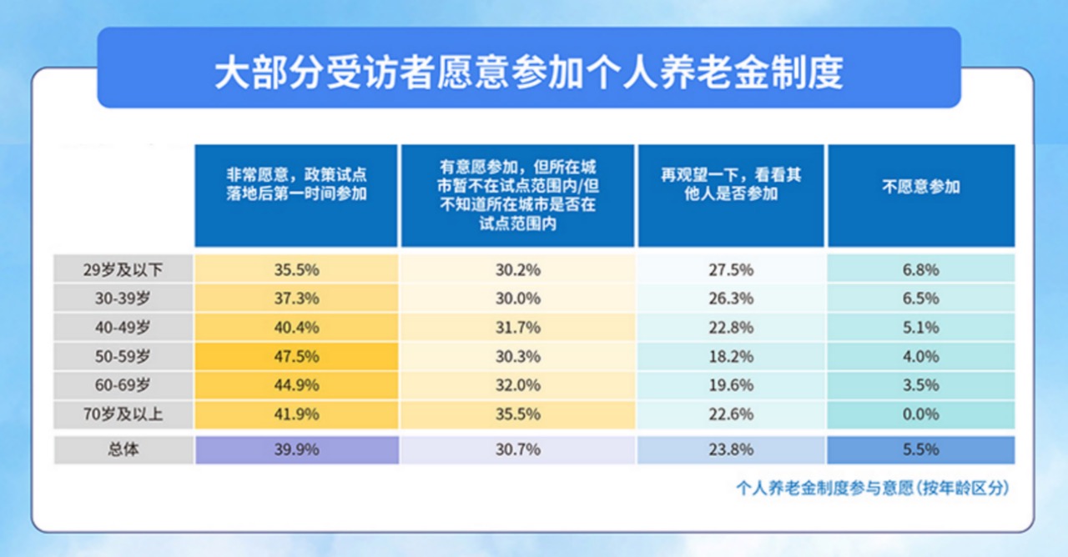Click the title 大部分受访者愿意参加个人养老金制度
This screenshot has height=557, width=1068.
pyautogui.click(x=529, y=73)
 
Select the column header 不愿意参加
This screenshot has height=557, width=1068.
pyautogui.click(x=920, y=187)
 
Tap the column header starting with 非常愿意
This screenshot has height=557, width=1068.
pyautogui.click(x=296, y=184)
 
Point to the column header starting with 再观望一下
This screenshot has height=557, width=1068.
pyautogui.click(x=731, y=184)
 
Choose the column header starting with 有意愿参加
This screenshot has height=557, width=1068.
pyautogui.click(x=518, y=195)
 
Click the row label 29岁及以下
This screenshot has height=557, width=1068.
pyautogui.click(x=123, y=269)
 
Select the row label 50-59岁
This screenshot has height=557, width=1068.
pyautogui.click(x=123, y=356)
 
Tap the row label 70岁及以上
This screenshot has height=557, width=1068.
pyautogui.click(x=123, y=414)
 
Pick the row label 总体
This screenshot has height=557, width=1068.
pyautogui.click(x=123, y=449)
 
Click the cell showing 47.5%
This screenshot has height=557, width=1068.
pyautogui.click(x=296, y=356)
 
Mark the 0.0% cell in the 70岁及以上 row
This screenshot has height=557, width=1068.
pyautogui.click(x=920, y=414)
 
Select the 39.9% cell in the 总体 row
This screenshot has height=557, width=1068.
pyautogui.click(x=296, y=449)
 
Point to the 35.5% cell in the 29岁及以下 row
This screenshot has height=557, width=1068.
pyautogui.click(x=296, y=269)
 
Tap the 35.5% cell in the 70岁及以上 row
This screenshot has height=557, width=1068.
pyautogui.click(x=518, y=414)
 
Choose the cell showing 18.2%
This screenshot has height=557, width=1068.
pyautogui.click(x=731, y=356)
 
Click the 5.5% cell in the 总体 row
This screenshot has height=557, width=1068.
pyautogui.click(x=920, y=449)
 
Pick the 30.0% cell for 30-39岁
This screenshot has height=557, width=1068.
pyautogui.click(x=518, y=299)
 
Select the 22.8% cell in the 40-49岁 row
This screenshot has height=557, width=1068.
pyautogui.click(x=731, y=328)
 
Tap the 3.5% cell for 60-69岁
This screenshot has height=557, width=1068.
pyautogui.click(x=920, y=385)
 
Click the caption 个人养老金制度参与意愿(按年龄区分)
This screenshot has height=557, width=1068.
pyautogui.click(x=873, y=488)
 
